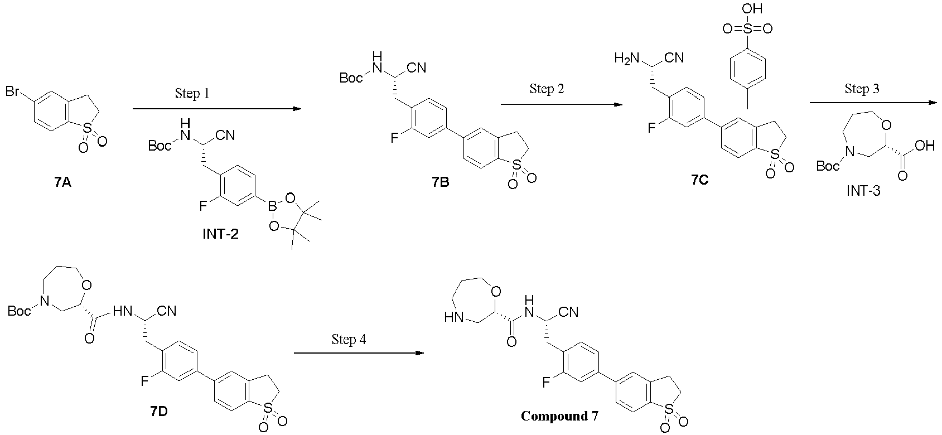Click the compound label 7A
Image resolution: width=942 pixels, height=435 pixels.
coord(63,182)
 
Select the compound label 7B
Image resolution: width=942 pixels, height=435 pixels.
coord(440,182)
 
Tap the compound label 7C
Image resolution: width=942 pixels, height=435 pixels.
coord(699,181)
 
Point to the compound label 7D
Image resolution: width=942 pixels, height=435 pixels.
coord(159,412)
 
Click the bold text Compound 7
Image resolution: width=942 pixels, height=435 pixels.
coord(554,416)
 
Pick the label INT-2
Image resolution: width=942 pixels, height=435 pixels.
coord(220,234)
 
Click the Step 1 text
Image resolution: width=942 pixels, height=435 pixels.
coord(191,93)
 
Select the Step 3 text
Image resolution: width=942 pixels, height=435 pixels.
coord(862,89)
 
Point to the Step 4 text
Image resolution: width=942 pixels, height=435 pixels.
coord(349,339)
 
